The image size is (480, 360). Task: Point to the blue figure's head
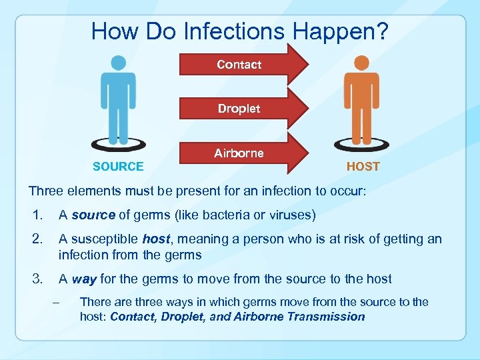(x=118, y=63)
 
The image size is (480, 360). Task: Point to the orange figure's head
(x=361, y=63)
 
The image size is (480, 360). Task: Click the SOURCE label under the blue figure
(x=118, y=167)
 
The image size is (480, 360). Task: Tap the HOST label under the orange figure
(x=363, y=167)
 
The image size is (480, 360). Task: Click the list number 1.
(x=37, y=215)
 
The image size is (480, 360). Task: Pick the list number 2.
(x=37, y=239)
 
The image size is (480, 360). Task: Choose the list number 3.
(x=37, y=279)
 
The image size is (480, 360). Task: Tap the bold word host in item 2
(x=156, y=239)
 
